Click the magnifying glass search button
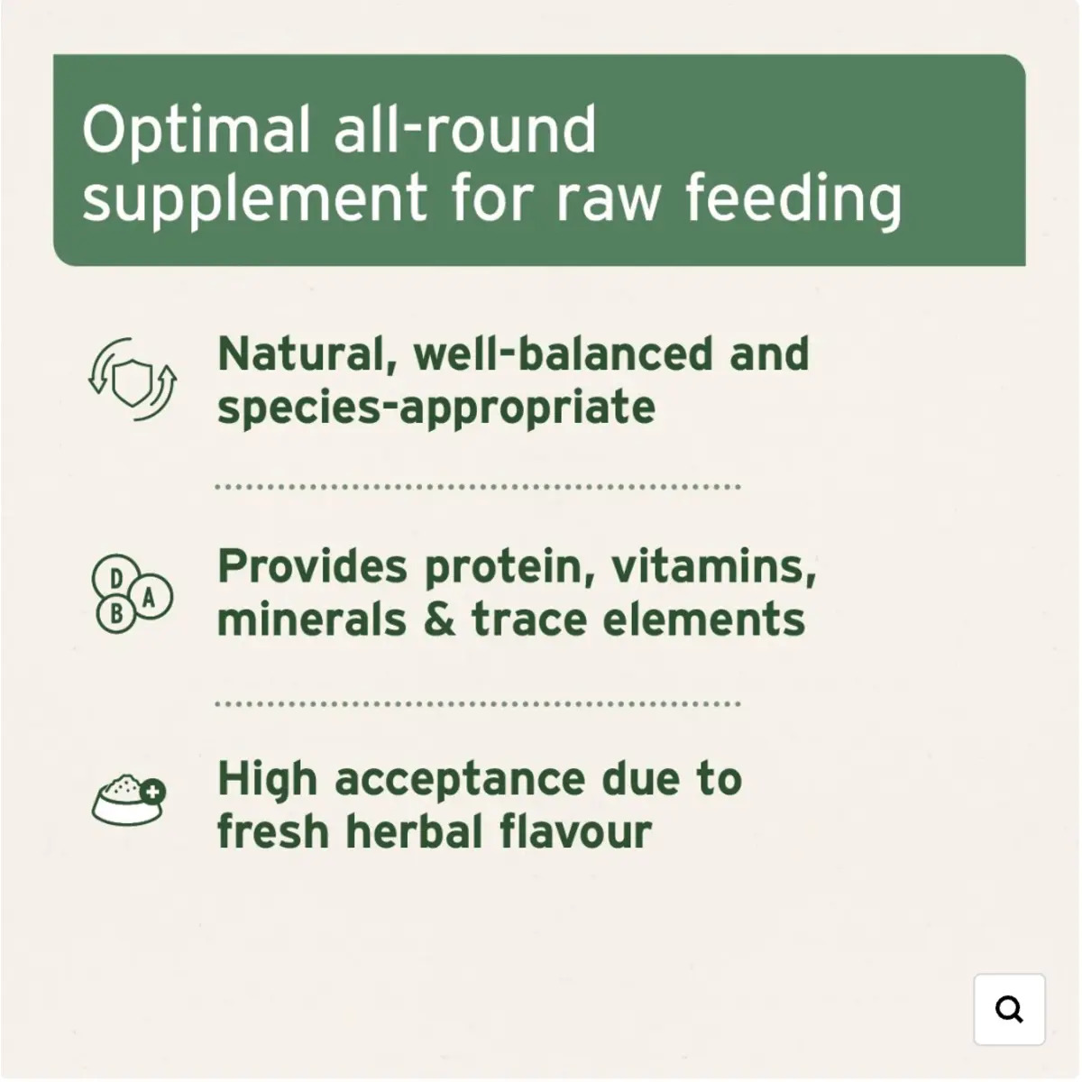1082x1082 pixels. coord(1009,1009)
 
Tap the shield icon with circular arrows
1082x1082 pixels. coord(133,379)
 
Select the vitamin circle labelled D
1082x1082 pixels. coord(115,578)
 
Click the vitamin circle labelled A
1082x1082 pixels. coord(150,596)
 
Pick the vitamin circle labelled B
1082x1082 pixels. coord(117,613)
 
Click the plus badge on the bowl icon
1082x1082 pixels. coord(152,792)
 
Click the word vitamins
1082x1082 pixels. coord(713,566)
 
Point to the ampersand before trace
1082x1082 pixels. coord(440,619)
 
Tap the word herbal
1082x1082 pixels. coord(415,831)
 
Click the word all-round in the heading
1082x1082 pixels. coord(465,130)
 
